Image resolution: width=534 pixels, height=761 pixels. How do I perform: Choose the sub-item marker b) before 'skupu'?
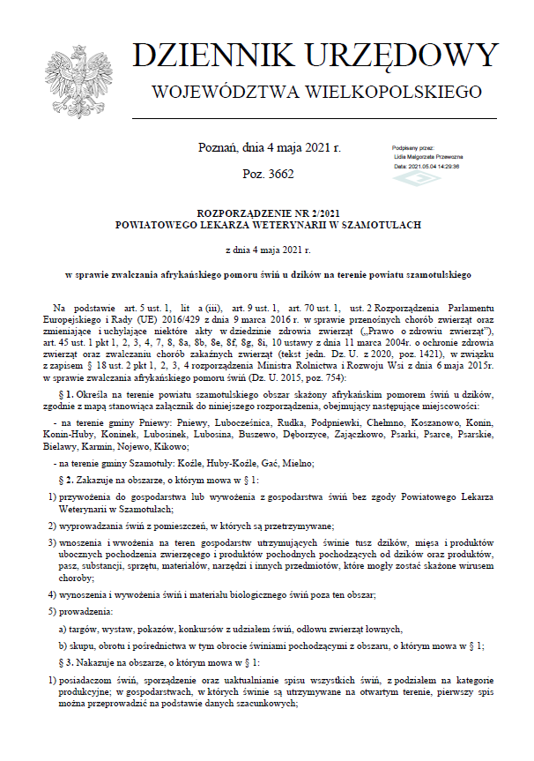pyautogui.click(x=63, y=644)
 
